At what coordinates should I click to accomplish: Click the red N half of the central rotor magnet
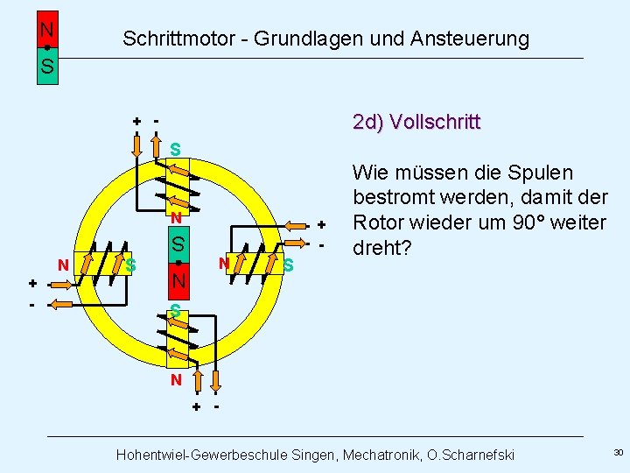click(178, 281)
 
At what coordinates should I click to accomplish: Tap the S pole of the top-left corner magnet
click(47, 66)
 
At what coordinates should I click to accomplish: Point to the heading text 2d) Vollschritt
click(416, 121)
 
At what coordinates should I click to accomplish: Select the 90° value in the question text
click(549, 222)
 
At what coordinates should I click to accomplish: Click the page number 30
click(618, 452)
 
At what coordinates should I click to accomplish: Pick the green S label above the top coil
click(175, 150)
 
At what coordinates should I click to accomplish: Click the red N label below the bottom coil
click(176, 380)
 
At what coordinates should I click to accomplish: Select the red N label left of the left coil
click(62, 265)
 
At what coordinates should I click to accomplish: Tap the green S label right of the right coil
click(289, 265)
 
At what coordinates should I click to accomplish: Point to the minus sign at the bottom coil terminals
click(215, 406)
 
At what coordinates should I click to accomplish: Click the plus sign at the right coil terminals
click(320, 224)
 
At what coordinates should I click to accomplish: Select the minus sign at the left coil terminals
click(31, 305)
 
